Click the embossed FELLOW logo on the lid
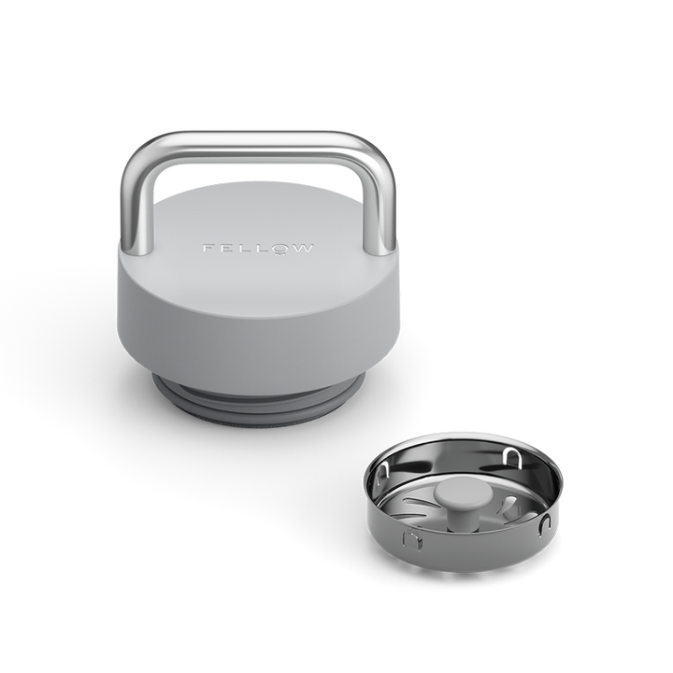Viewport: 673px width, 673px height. (x=259, y=250)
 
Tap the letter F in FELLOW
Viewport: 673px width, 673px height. (x=208, y=250)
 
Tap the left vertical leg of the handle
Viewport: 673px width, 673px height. (x=130, y=210)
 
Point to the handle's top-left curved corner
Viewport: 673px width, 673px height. (x=138, y=152)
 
